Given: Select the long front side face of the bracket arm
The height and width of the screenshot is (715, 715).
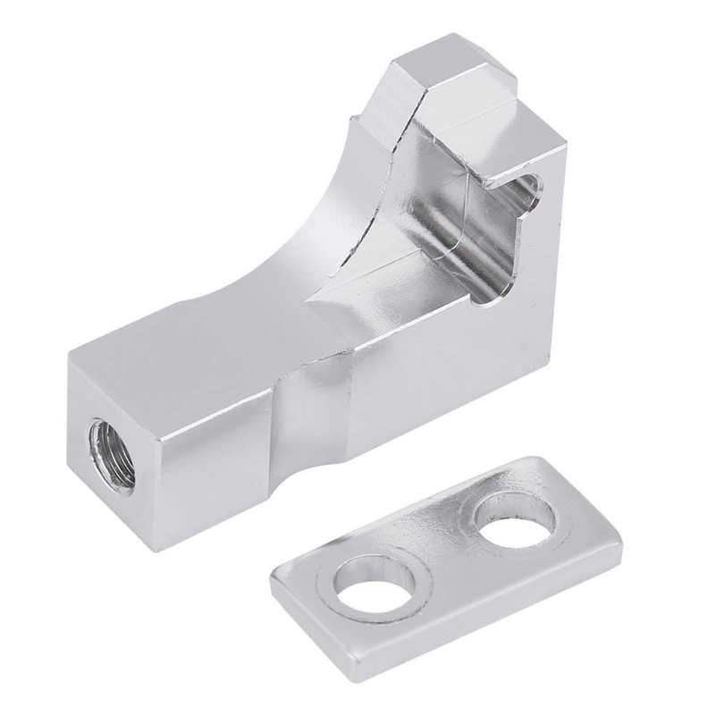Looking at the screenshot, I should pyautogui.click(x=223, y=429).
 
